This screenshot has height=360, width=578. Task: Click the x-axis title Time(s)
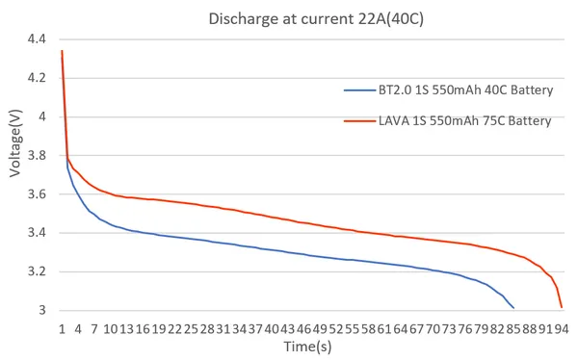[x=308, y=346]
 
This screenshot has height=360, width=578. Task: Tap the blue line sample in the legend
[x=357, y=90]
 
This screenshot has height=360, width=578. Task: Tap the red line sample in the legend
[x=357, y=120]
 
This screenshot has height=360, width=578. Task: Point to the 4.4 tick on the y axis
[x=37, y=39]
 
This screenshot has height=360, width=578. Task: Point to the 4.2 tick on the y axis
[x=37, y=78]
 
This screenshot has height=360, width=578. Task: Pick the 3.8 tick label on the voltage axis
[x=37, y=155]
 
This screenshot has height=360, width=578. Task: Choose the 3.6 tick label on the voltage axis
[x=37, y=194]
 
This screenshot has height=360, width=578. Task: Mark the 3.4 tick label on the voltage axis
[x=37, y=233]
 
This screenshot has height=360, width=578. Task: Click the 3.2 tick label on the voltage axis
[x=37, y=271]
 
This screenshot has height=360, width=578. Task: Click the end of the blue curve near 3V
[x=513, y=307]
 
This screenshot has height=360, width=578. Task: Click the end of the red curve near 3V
[x=561, y=307]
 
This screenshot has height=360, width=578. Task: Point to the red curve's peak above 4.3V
[x=62, y=51]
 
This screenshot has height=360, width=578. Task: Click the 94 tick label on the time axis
[x=560, y=328]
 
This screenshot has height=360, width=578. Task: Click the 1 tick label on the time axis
[x=62, y=328]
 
